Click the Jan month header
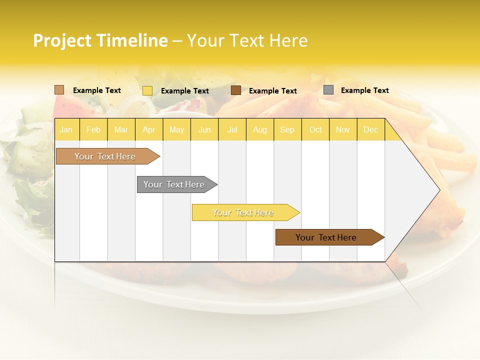(66, 129)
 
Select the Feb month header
(93, 129)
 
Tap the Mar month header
(121, 129)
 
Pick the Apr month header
(149, 129)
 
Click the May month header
(176, 129)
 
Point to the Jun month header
(204, 129)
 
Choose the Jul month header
(232, 129)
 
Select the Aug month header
(260, 129)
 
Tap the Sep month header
(287, 129)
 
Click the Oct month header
(315, 129)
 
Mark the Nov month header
(343, 129)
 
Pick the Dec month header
(371, 129)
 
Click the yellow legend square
(147, 90)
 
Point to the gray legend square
(328, 90)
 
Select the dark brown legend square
(236, 90)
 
